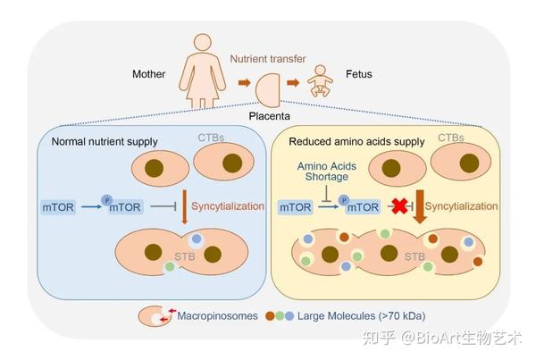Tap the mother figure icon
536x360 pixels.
coord(205,74)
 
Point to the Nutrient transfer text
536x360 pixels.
coord(267,60)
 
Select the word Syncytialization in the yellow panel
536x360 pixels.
coord(463,206)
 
